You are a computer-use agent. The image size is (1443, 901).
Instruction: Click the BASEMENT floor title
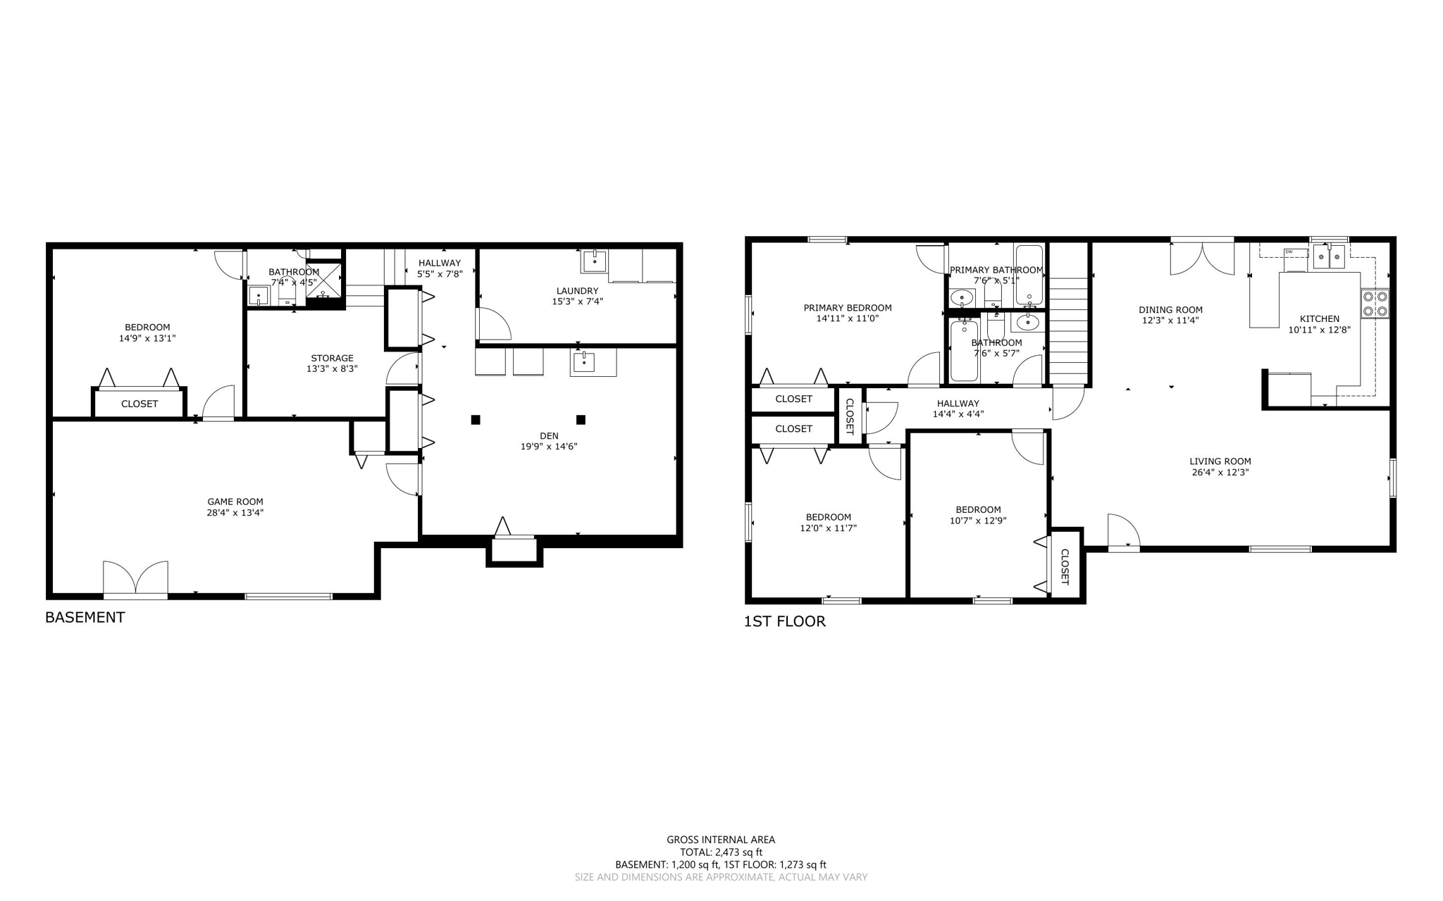85,617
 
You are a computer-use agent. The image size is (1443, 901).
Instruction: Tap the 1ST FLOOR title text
784,621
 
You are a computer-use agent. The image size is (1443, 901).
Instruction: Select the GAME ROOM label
235,502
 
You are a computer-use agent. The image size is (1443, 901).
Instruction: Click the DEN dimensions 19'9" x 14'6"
548,447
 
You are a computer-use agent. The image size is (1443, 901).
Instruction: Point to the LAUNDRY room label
577,291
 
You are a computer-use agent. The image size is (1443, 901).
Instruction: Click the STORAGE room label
332,358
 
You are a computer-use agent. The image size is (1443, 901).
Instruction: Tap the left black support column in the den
476,420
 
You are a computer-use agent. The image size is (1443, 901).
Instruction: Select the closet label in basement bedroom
140,404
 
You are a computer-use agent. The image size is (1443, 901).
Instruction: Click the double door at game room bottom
135,579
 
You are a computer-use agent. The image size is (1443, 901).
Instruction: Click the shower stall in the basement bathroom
323,280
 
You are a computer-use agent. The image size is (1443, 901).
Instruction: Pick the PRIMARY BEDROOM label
847,308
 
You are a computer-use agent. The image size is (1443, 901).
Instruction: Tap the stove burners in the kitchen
1375,304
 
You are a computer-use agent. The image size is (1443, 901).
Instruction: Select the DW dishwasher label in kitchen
1289,251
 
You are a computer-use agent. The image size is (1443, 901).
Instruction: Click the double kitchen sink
1329,258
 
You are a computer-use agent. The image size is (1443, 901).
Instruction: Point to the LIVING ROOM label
1220,461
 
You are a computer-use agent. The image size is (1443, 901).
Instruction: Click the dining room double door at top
1202,258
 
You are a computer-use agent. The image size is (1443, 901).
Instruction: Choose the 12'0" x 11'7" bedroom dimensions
828,528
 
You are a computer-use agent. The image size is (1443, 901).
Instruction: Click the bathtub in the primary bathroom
1029,275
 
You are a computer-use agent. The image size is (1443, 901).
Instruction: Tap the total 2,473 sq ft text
721,852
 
